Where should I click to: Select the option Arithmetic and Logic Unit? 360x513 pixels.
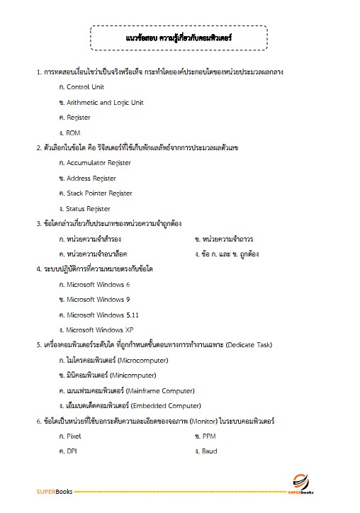click(104, 102)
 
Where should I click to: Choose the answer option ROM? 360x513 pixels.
click(73, 133)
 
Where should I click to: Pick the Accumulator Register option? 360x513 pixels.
click(98, 163)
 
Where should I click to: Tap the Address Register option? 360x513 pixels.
click(91, 179)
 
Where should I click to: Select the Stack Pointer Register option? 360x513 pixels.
click(99, 193)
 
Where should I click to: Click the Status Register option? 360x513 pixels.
click(88, 208)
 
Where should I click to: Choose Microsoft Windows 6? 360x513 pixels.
click(98, 285)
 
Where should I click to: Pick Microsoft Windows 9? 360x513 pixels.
click(98, 300)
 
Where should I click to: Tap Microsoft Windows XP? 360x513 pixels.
click(99, 329)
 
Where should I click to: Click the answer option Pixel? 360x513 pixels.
click(74, 436)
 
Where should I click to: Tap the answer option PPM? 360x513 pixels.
click(210, 436)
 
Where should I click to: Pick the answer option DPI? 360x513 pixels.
click(72, 451)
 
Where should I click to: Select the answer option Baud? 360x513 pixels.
click(209, 451)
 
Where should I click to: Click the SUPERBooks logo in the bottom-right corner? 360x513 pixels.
click(300, 485)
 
